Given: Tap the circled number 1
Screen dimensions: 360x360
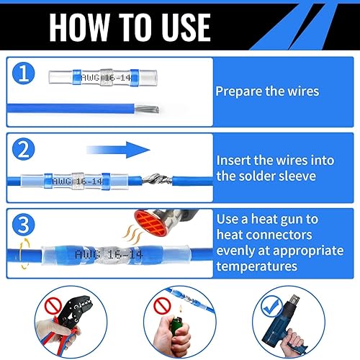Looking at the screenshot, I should pyautogui.click(x=24, y=73).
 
